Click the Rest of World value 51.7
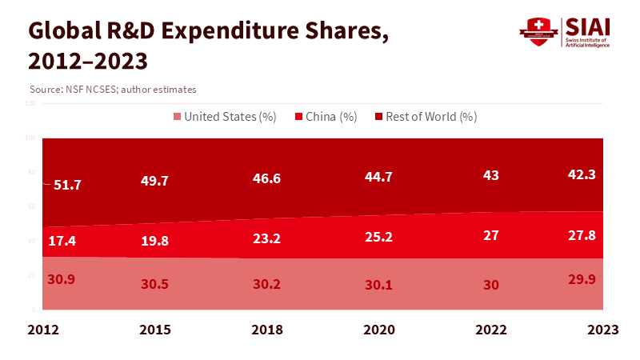(67, 185)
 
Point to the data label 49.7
(154, 182)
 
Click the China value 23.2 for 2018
(266, 238)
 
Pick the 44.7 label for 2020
(378, 178)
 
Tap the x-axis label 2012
(43, 330)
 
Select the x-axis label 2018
(266, 330)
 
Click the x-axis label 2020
(378, 330)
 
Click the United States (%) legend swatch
(178, 117)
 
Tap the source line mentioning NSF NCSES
(112, 90)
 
